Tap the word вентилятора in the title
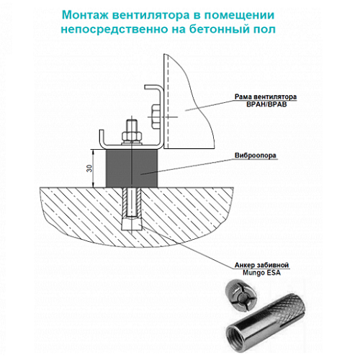(150, 15)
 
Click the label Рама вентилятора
(266, 96)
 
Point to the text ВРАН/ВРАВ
(266, 104)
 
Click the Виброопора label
(256, 156)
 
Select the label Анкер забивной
(261, 265)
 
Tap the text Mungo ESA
(261, 273)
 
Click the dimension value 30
(89, 168)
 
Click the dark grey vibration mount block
(132, 168)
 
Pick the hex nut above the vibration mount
(132, 136)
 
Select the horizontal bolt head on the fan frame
(156, 117)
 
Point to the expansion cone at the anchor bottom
(132, 224)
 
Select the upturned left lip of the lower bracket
(102, 138)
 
